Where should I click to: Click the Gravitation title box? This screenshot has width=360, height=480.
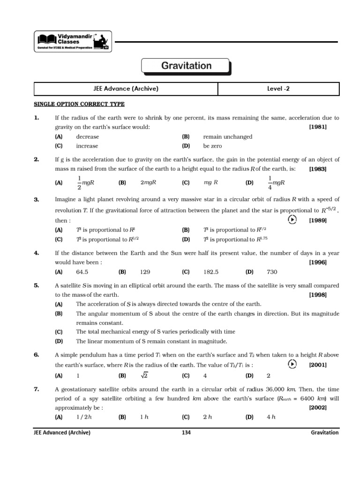(186, 66)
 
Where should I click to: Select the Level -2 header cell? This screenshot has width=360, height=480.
(278, 88)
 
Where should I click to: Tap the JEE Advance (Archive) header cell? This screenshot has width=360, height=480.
(126, 88)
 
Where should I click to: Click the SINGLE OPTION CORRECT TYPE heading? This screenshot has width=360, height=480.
(79, 104)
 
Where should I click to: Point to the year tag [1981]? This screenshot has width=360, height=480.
(318, 127)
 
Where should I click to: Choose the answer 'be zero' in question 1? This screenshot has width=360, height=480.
(212, 146)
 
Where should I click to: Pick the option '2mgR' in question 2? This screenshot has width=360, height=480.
(148, 182)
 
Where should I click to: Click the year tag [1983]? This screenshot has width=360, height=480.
(318, 169)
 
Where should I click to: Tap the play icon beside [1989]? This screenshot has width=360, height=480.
(292, 220)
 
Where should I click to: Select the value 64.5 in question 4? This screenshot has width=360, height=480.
(82, 271)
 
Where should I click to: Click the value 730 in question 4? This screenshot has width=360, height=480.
(272, 271)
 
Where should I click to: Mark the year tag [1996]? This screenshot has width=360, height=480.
(318, 262)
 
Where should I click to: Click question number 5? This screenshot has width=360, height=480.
(37, 285)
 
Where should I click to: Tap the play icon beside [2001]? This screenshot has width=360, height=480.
(292, 365)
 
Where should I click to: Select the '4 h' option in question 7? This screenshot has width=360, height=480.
(271, 417)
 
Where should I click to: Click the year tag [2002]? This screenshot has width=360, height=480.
(318, 408)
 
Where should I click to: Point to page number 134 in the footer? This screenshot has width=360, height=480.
(186, 433)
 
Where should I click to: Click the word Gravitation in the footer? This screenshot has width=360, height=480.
(324, 433)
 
